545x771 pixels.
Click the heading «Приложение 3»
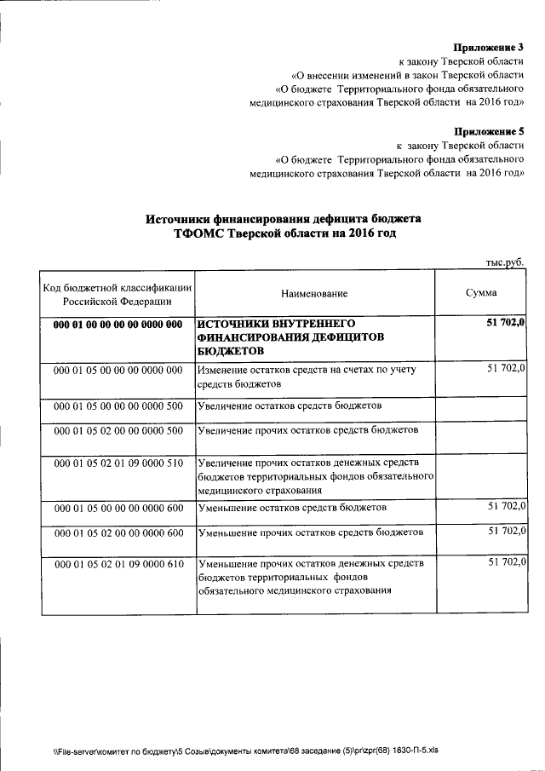489,48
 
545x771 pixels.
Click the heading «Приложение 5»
489,131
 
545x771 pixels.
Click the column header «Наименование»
314,293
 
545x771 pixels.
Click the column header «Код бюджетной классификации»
118,287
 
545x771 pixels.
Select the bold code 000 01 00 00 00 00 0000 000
118,325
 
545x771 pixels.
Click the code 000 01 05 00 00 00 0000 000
118,371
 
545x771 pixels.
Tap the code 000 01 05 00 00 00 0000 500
118,406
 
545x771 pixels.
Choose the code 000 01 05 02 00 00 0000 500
118,431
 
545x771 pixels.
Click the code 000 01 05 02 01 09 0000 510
118,464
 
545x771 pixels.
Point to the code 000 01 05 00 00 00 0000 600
118,508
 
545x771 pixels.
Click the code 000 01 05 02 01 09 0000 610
118,565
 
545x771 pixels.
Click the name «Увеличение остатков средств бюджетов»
289,406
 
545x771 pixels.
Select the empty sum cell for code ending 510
481,477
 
